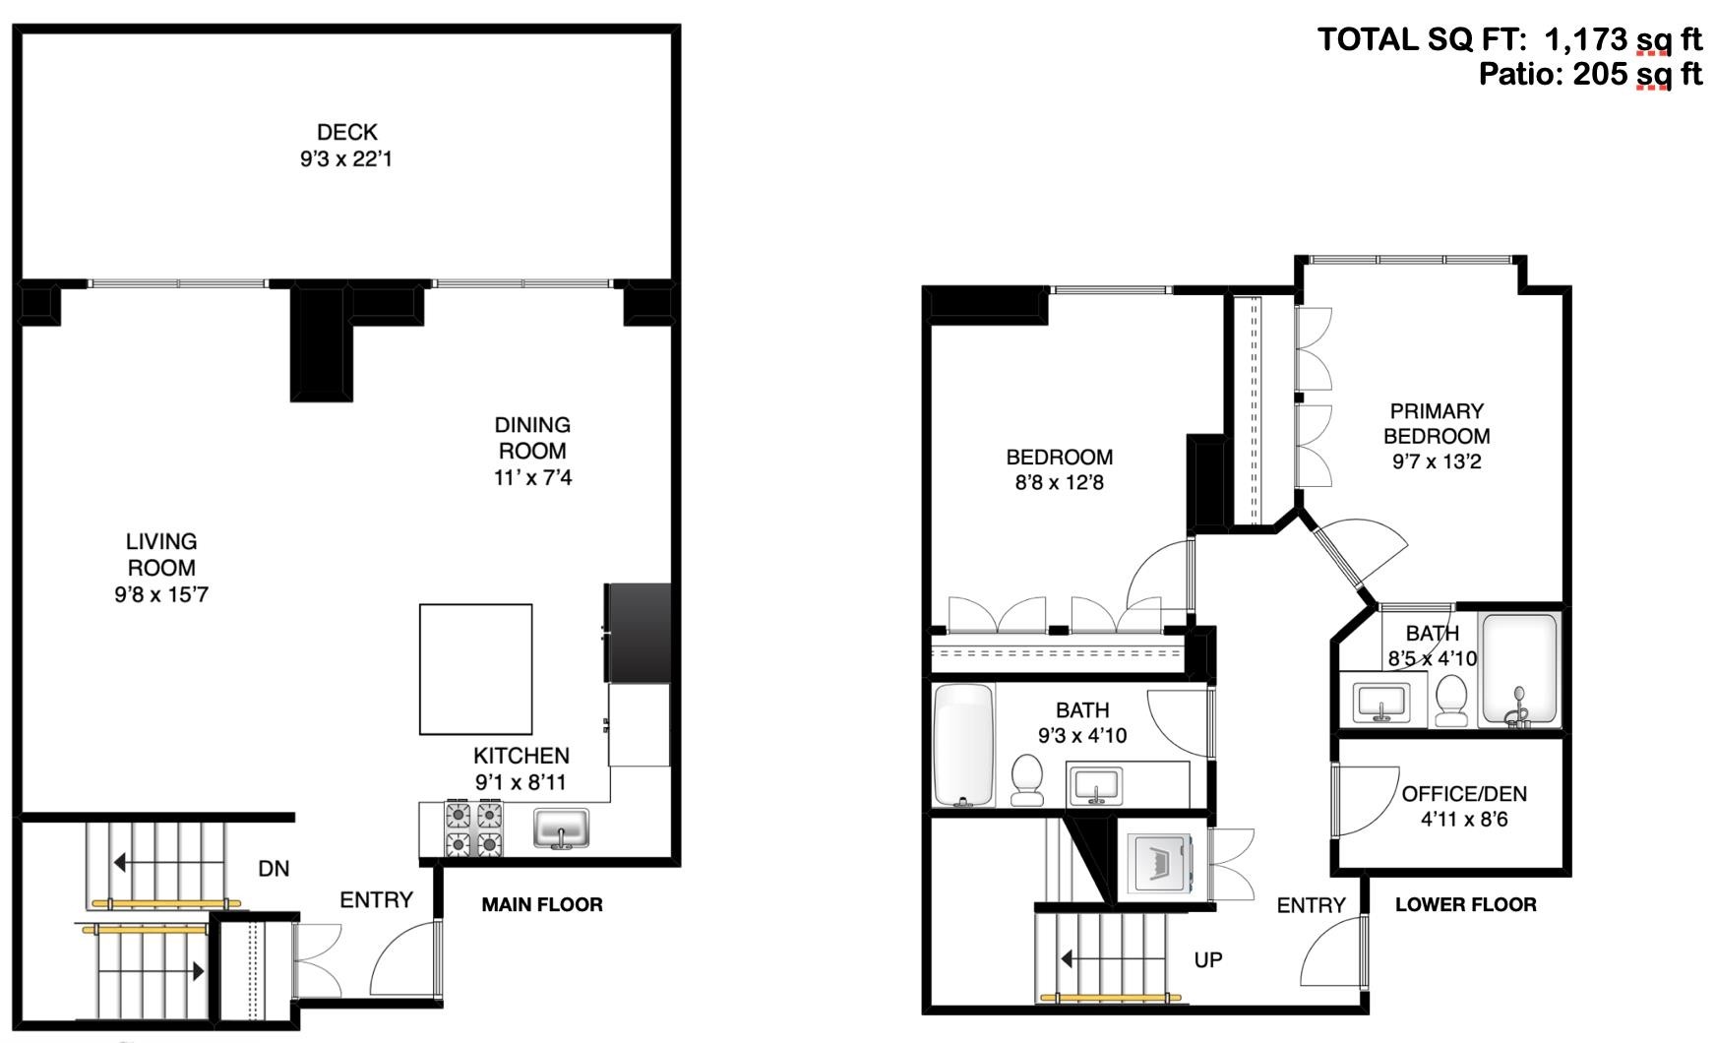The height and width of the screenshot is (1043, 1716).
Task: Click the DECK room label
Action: [347, 132]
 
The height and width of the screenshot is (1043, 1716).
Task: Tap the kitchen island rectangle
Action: [476, 669]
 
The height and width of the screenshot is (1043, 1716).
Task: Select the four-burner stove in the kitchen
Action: [475, 829]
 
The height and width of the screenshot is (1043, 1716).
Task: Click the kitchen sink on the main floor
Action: [562, 828]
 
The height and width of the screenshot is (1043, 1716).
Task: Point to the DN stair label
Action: [274, 868]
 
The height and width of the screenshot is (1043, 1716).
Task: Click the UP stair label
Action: [1208, 959]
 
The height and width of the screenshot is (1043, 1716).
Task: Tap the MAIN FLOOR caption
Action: [542, 904]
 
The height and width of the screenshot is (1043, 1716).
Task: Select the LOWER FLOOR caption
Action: [1466, 904]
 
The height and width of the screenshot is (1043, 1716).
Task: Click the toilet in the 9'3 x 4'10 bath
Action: [1028, 780]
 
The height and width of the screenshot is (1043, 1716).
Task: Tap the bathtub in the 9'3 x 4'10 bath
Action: [963, 745]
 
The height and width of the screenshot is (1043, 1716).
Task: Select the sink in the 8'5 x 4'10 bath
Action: [1383, 701]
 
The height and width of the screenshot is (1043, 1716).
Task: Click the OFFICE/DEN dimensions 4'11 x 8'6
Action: [1464, 819]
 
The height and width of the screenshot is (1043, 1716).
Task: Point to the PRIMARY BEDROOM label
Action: [1437, 423]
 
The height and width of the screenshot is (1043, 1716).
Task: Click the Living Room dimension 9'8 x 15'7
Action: [161, 594]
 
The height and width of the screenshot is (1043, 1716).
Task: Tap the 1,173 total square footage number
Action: [1586, 39]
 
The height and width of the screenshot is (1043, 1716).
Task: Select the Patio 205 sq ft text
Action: [1590, 74]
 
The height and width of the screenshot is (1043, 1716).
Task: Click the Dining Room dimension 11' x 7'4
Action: [532, 477]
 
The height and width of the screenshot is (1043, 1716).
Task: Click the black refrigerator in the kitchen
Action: [639, 633]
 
